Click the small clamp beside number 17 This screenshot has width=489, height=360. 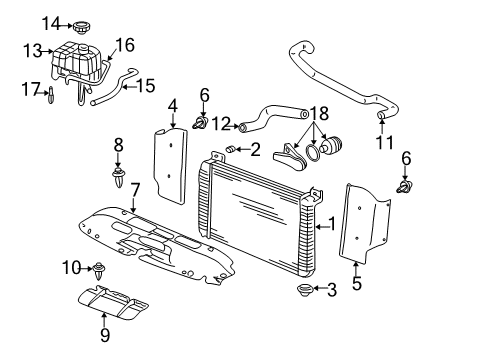(x=51, y=95)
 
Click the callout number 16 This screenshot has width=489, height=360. (x=124, y=44)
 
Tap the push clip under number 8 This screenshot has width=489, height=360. (x=118, y=182)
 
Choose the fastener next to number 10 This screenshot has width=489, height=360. (x=101, y=267)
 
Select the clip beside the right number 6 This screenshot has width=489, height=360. (x=406, y=186)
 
